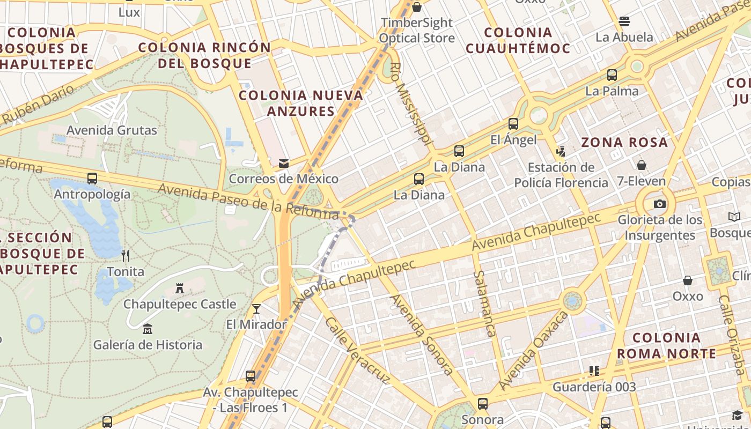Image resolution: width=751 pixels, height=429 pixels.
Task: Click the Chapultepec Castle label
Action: point(180,304)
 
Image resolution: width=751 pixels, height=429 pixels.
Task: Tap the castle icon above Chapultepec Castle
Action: point(180,289)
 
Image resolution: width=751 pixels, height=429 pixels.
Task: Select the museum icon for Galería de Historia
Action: point(148,329)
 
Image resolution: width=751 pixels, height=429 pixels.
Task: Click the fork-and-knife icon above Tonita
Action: point(126,255)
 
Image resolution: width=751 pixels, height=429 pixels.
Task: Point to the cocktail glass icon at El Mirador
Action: point(256,308)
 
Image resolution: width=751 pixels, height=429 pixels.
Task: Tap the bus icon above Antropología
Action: point(92,178)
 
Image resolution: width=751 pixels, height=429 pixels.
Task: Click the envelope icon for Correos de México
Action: point(283,164)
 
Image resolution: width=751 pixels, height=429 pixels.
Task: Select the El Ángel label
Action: point(513,140)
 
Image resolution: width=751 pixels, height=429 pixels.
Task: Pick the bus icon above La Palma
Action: point(612,75)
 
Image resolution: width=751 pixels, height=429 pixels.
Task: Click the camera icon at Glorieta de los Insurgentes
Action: point(660,204)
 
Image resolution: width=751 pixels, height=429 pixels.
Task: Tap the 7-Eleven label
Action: point(641,181)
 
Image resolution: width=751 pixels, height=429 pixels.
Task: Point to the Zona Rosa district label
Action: point(625,143)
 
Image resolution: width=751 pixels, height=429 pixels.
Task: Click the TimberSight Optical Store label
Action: point(417,31)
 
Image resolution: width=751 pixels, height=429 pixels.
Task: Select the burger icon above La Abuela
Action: point(624,21)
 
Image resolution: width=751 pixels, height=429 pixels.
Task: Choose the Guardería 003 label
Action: point(594,387)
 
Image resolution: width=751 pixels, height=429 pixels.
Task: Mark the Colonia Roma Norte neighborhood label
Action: point(666,346)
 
